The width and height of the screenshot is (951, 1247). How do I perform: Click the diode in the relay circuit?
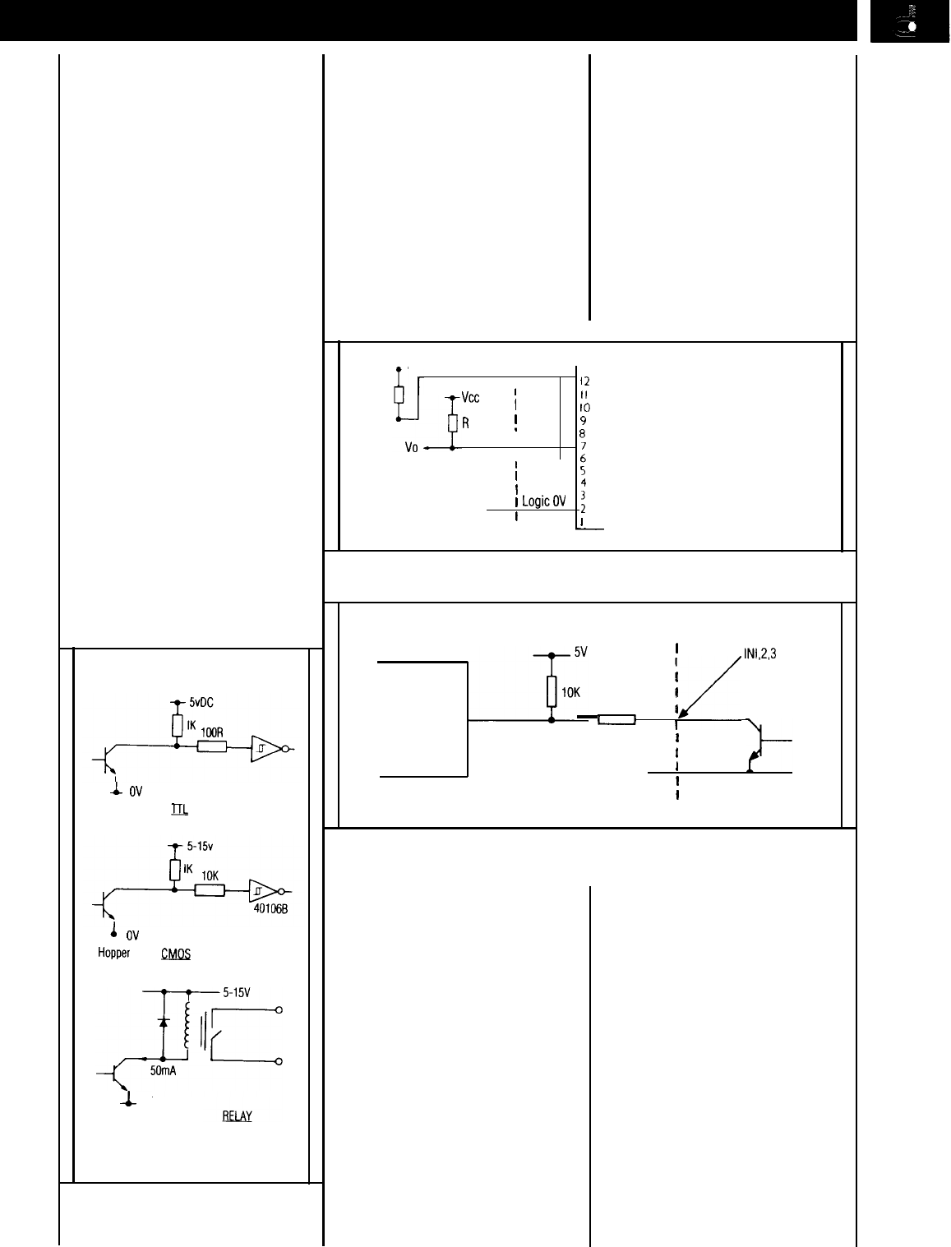(x=163, y=1022)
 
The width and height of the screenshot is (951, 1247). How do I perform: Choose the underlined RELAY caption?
(x=237, y=1116)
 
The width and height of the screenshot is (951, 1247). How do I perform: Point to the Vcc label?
(x=470, y=397)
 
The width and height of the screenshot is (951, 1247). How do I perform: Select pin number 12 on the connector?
(x=584, y=381)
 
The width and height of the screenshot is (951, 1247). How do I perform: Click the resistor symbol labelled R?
(x=452, y=423)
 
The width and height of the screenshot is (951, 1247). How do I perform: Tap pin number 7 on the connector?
(x=583, y=446)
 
